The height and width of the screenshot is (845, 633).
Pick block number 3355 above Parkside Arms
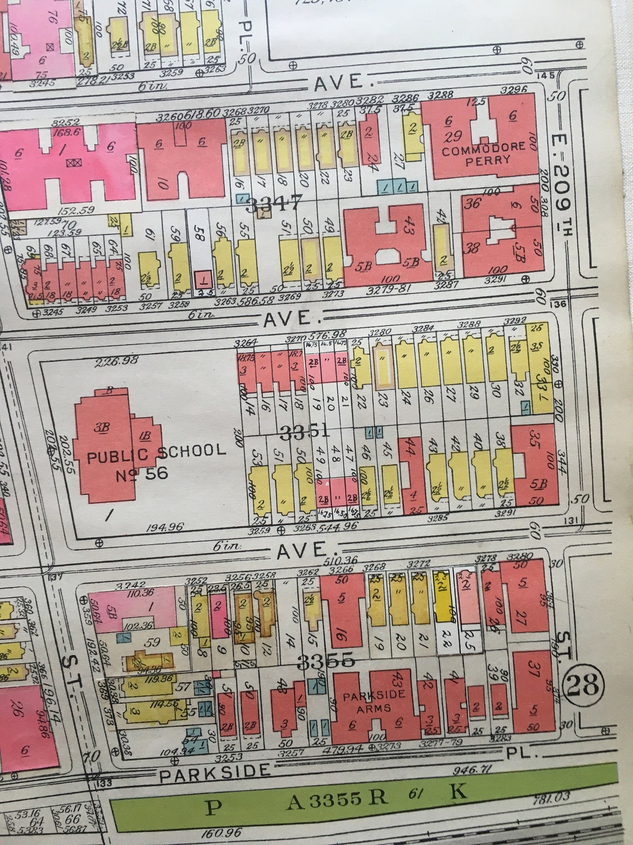pos(325,661)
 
